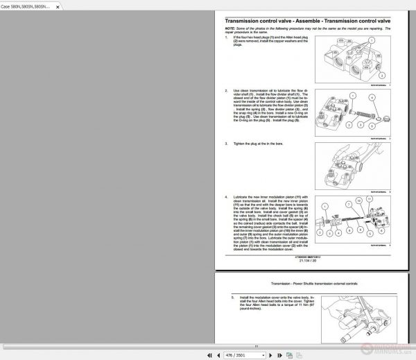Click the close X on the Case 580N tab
pyautogui.click(x=56, y=6)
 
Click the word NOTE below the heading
pyautogui.click(x=229, y=28)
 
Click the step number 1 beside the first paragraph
pyautogui.click(x=227, y=36)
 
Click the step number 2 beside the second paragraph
pyautogui.click(x=227, y=90)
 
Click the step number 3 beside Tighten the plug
pyautogui.click(x=227, y=144)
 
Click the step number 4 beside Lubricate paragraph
pyautogui.click(x=227, y=198)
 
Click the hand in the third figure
pyautogui.click(x=367, y=156)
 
